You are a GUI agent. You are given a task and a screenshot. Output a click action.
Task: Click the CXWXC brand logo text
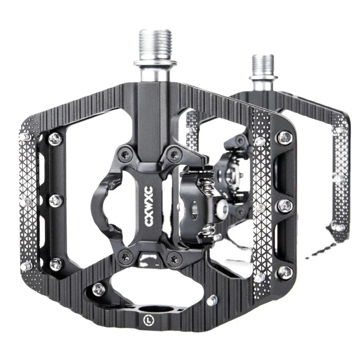point(149,206)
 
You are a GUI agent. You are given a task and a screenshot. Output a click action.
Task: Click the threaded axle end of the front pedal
point(155,44)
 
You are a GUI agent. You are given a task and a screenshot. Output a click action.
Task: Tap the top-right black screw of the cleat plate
point(175,155)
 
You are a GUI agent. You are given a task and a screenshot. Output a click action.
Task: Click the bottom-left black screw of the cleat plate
point(126,256)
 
